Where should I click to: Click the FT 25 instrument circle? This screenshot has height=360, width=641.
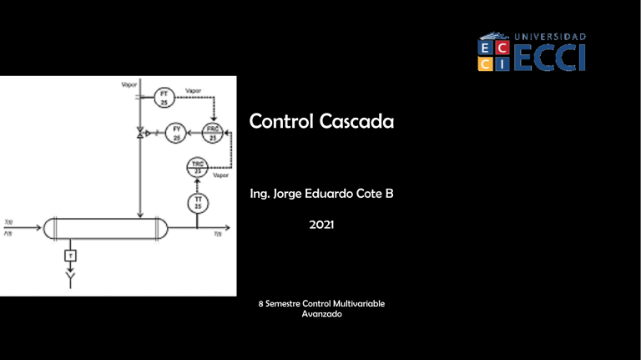(x=164, y=97)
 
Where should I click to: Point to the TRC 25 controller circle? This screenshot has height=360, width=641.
(x=198, y=167)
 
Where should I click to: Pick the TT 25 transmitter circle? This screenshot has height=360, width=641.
(x=198, y=202)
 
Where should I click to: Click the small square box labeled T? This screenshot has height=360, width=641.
(x=72, y=255)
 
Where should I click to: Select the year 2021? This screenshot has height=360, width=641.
(x=321, y=225)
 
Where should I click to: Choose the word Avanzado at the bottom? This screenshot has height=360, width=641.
(x=321, y=315)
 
